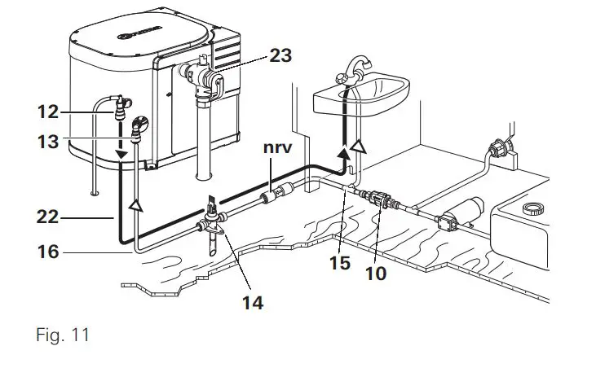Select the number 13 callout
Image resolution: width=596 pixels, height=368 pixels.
pos(50,142)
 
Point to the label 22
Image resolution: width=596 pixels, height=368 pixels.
pos(49,217)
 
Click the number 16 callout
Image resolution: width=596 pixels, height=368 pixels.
pos(49,252)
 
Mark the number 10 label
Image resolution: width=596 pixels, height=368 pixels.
pos(376,273)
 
